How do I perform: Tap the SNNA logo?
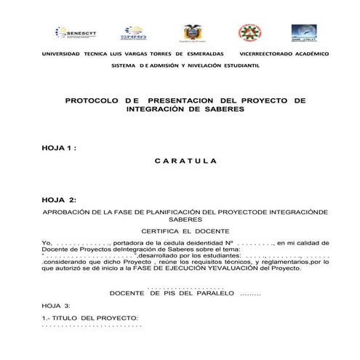pos(133,33)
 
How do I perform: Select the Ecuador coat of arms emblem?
pos(192,33)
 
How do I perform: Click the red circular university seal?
pos(247,33)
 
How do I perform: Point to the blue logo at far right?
pos(305,33)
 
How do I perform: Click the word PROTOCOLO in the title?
pos(91,100)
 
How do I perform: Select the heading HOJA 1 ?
pos(59,148)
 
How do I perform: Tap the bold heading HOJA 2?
pos(59,199)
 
